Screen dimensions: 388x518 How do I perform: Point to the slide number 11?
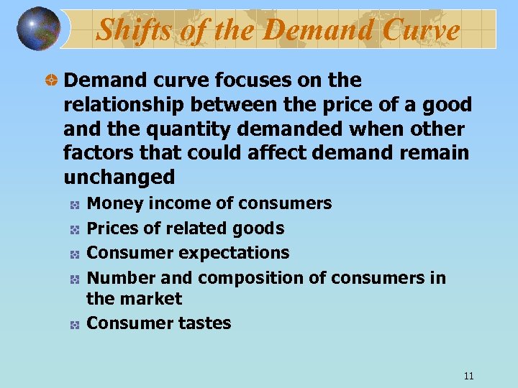pos(468,376)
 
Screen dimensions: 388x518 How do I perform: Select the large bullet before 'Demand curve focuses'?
pos(51,80)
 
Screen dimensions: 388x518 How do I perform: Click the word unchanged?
pos(119,177)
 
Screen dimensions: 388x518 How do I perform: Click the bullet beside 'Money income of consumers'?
pos(74,205)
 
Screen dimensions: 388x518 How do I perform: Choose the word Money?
pos(114,203)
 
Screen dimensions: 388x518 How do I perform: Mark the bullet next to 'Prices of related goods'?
pos(74,229)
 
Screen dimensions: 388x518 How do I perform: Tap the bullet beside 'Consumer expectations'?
pos(74,253)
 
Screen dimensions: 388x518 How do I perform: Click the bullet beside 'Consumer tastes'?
pos(74,325)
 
